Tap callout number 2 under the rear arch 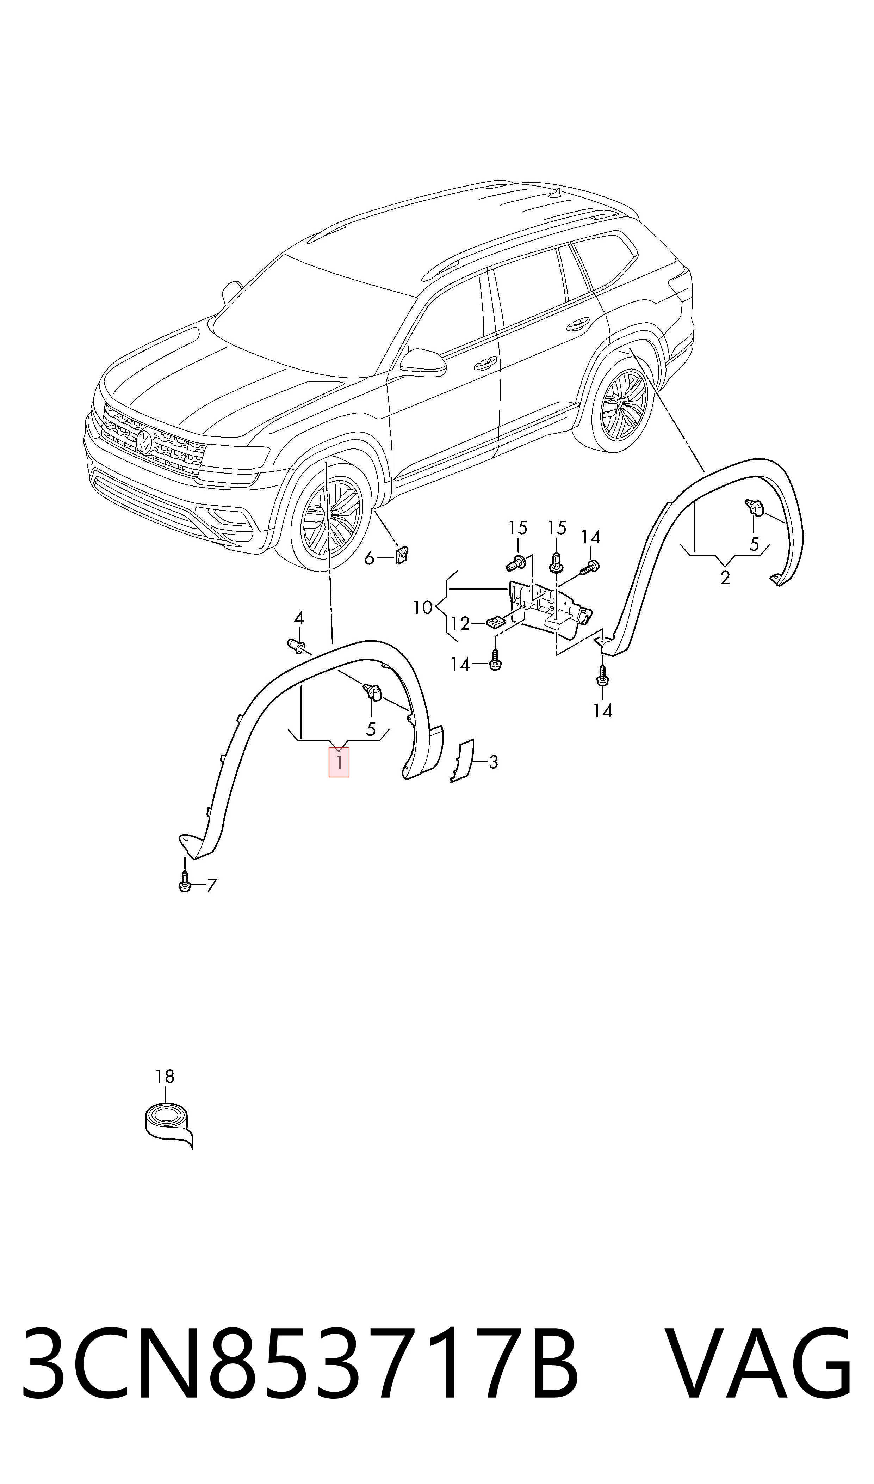(x=725, y=578)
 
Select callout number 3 (x=493, y=762)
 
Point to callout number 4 (x=299, y=618)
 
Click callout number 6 (x=369, y=557)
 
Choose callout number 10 (x=422, y=607)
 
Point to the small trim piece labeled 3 (x=462, y=761)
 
